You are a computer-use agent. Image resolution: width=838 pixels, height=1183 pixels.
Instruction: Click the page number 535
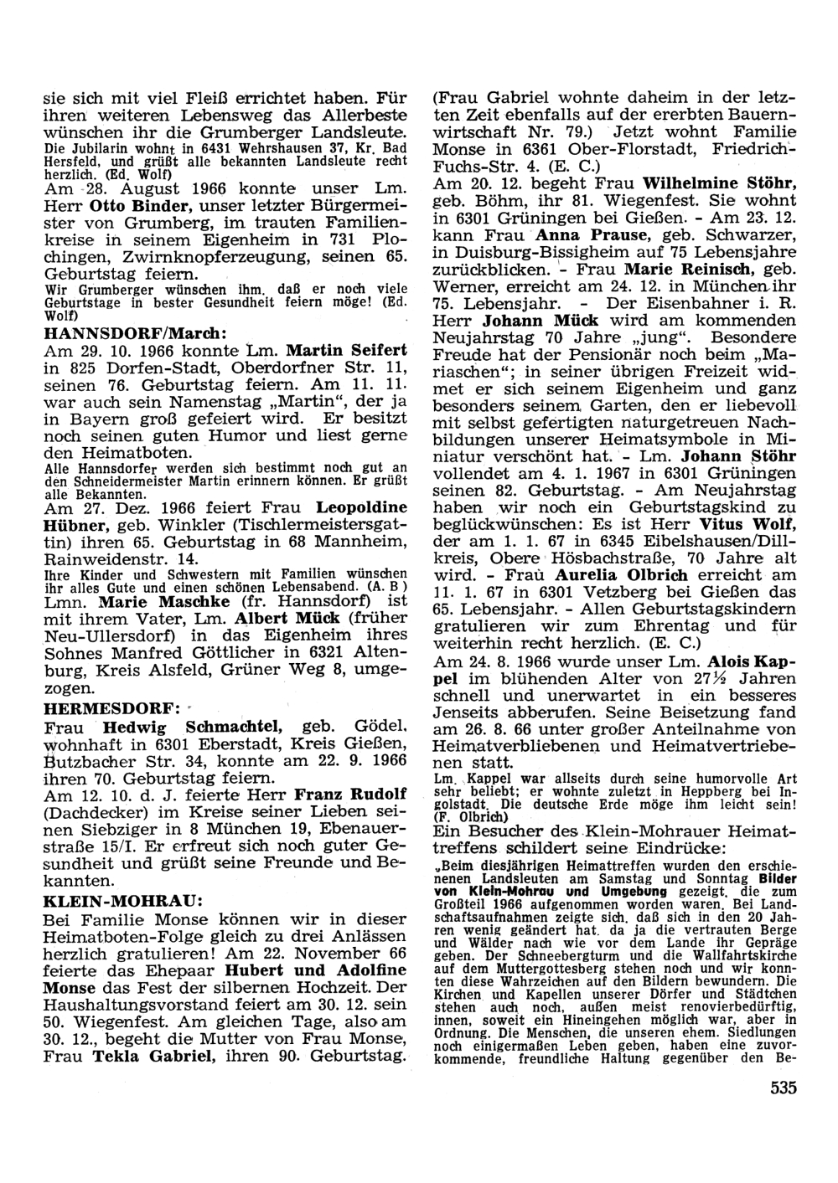coord(780,1088)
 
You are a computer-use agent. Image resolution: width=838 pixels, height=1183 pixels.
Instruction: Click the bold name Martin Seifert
coord(347,349)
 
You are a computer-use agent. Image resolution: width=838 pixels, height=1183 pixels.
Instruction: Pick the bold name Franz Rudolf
coord(352,793)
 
